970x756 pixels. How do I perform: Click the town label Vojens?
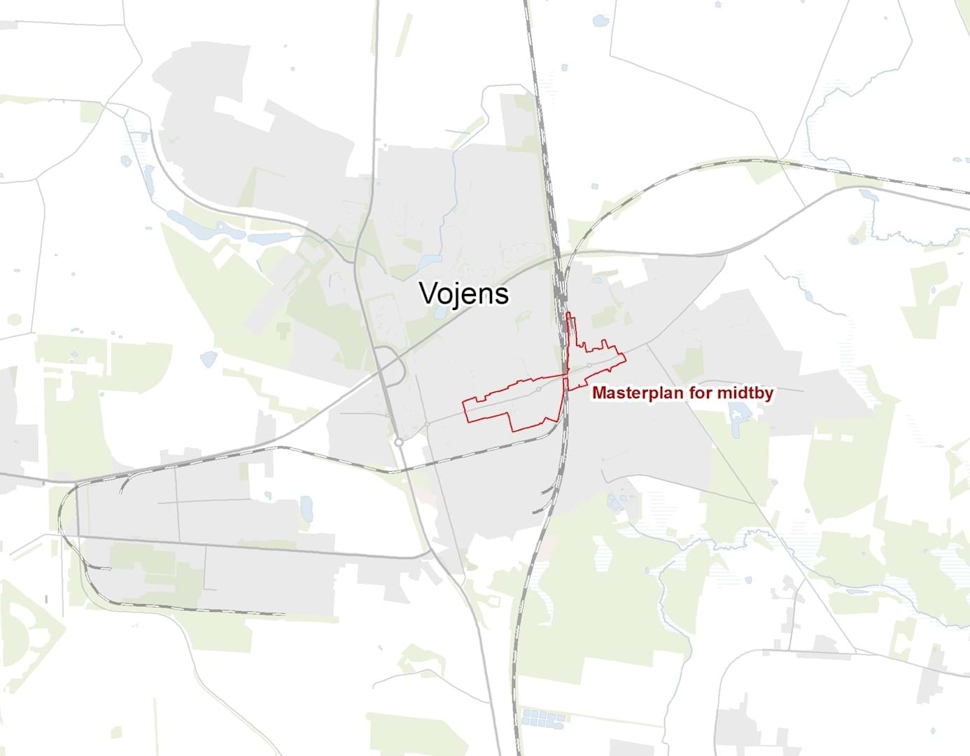(464, 293)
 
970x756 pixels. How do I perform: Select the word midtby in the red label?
(747, 393)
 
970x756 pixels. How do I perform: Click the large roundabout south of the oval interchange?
(398, 442)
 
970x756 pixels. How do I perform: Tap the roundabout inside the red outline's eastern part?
(590, 365)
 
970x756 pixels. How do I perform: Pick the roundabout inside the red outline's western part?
(538, 389)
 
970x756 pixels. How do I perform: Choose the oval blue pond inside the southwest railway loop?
(307, 507)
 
